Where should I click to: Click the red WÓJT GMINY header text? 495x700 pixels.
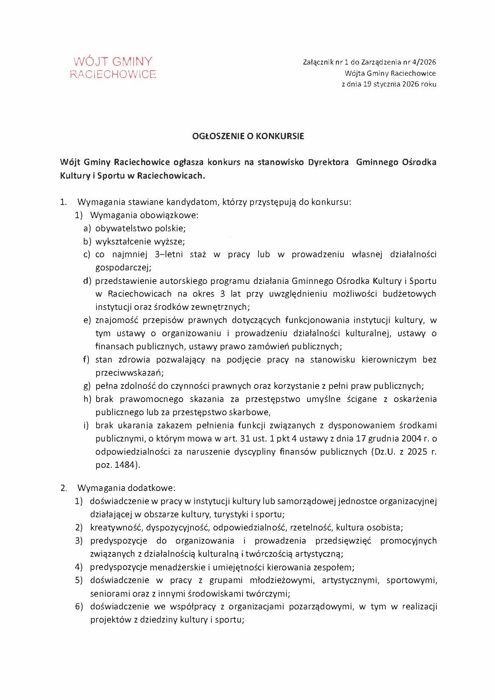(113, 61)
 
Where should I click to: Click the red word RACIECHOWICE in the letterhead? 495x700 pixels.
(113, 75)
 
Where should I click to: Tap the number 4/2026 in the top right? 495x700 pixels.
(422, 62)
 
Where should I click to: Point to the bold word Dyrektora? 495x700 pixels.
(328, 162)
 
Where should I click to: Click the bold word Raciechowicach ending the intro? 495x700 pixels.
(170, 176)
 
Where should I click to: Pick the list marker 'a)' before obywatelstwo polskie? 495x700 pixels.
(87, 229)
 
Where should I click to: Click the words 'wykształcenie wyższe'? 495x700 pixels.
(140, 242)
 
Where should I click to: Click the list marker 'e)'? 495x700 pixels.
(87, 320)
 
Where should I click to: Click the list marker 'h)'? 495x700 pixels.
(87, 399)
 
